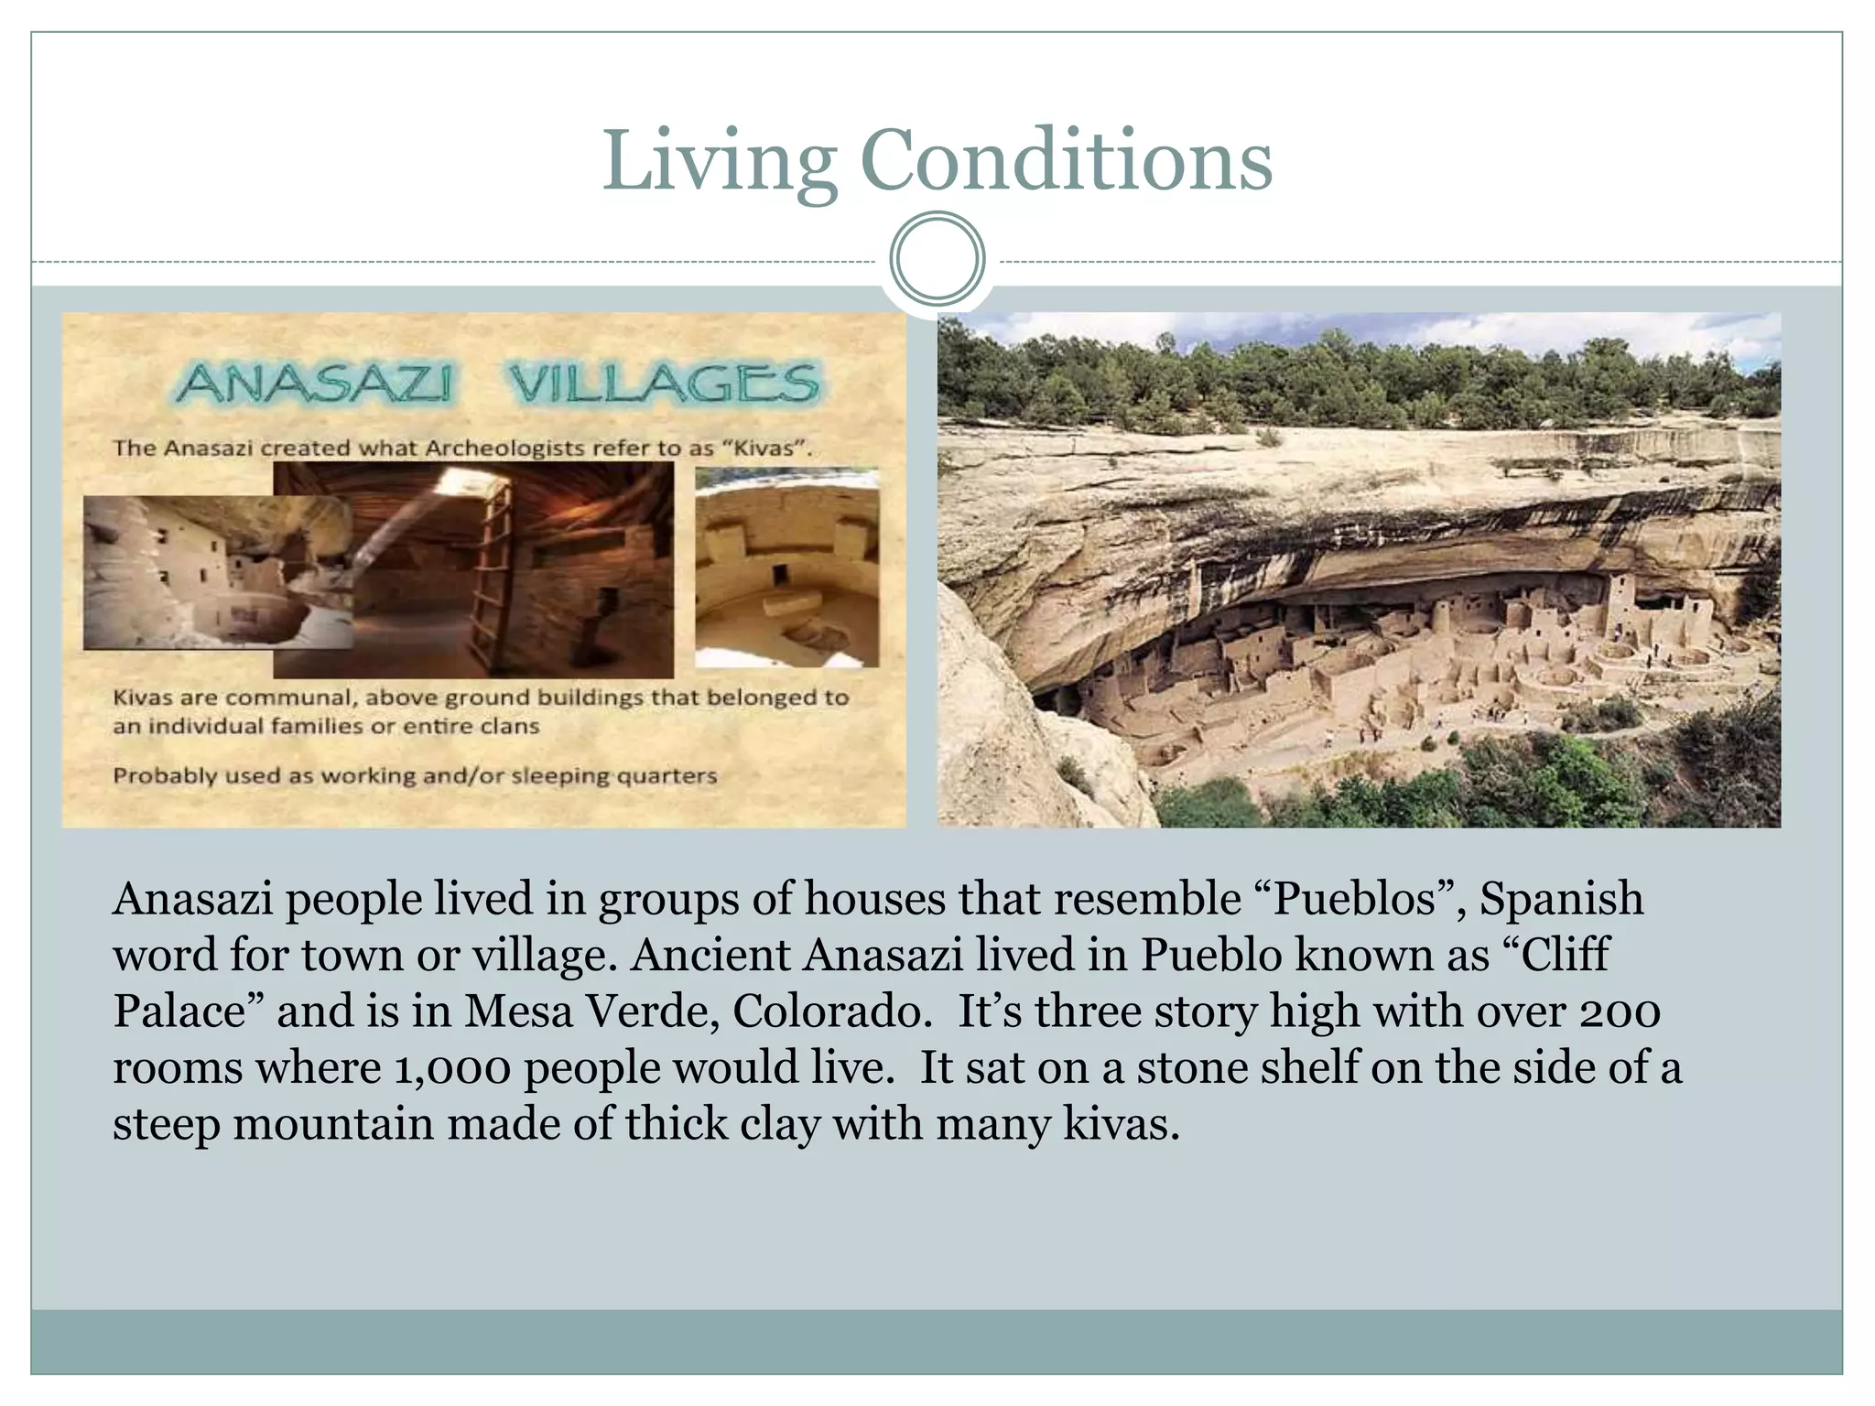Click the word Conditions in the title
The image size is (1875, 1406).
coord(1066,161)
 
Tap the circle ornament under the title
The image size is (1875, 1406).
coord(937,258)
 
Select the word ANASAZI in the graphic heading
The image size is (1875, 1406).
coord(314,384)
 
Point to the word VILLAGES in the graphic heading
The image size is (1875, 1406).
coord(663,384)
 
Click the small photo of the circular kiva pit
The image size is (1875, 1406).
coord(786,568)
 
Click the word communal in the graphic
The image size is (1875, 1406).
coord(292,698)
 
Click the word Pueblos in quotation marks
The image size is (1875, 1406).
coord(1355,899)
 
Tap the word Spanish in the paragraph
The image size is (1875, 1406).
coord(1561,899)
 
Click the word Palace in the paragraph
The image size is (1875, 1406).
coord(189,1011)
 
